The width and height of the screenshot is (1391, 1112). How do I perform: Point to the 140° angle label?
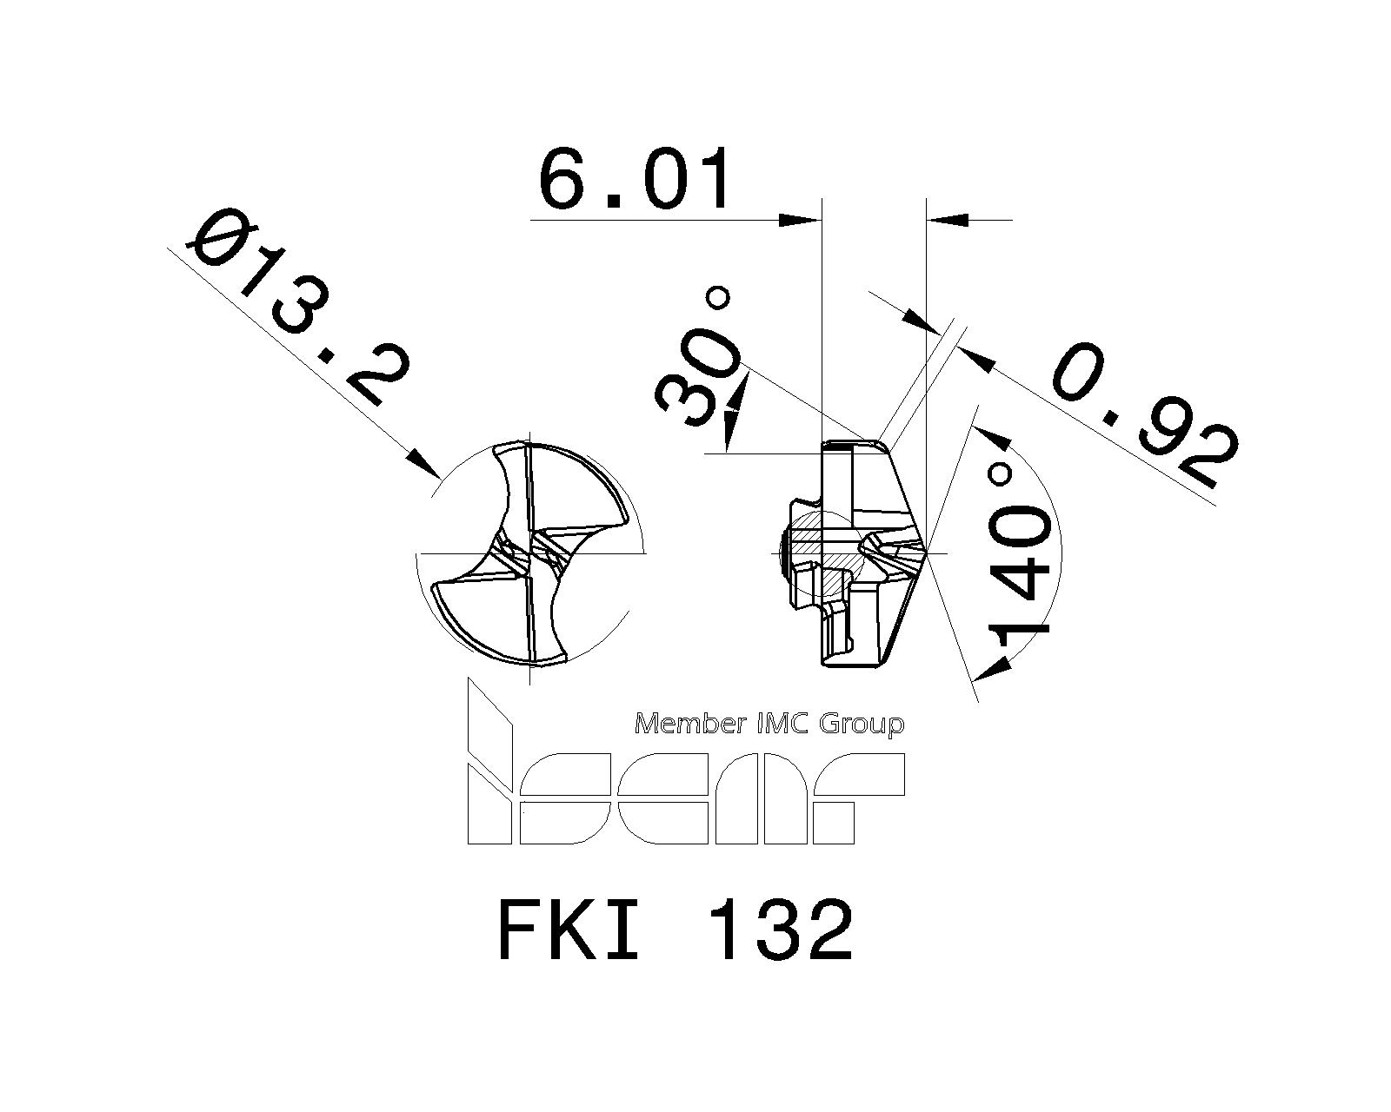coord(1023,560)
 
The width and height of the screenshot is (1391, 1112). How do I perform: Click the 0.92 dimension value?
coord(1143,417)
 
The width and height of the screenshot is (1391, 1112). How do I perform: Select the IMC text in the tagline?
coord(787,723)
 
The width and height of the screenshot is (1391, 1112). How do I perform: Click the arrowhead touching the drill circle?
coord(426,464)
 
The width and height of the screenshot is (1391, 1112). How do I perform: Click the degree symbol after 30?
coord(718,300)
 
